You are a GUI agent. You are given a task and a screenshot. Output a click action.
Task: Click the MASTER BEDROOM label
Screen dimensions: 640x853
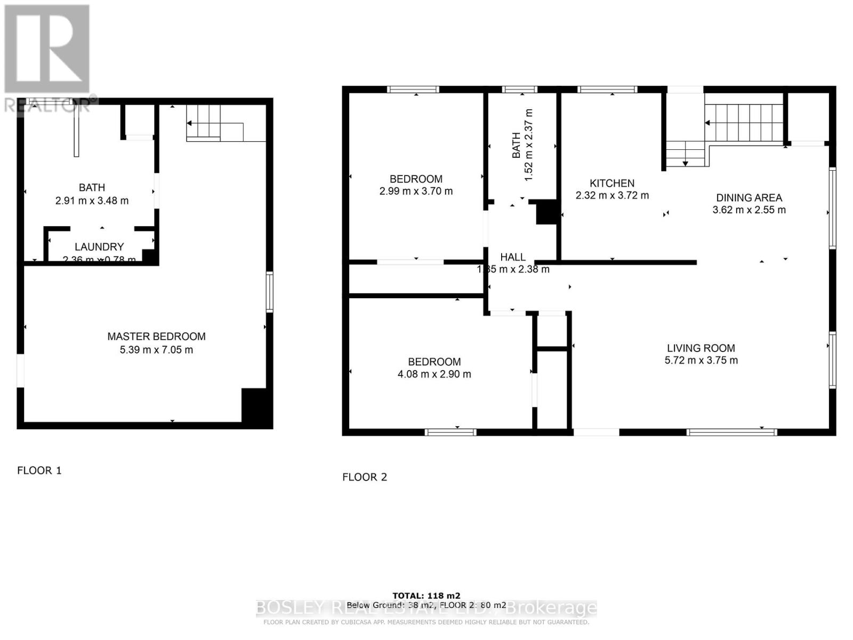[x=156, y=337]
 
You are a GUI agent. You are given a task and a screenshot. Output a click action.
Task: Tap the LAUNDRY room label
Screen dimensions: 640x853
[x=99, y=247]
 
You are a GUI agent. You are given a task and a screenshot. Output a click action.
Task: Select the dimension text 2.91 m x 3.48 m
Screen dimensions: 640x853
[x=92, y=201]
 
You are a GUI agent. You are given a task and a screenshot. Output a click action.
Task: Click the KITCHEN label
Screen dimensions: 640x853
[x=612, y=183]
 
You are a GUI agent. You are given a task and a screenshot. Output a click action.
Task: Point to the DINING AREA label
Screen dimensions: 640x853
[x=749, y=198]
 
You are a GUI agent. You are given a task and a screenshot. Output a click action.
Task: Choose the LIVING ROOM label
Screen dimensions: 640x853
[x=701, y=348]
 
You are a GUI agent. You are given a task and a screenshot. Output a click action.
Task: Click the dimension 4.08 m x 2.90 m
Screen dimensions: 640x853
[x=434, y=374]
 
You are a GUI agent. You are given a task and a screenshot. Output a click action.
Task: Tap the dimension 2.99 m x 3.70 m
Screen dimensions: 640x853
[x=416, y=191]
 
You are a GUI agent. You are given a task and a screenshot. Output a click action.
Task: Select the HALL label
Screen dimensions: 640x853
[x=513, y=257]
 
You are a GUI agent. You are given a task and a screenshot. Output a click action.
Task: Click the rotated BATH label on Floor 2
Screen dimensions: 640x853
[x=516, y=145]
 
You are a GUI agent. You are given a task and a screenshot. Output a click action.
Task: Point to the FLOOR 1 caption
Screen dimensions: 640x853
[x=39, y=470]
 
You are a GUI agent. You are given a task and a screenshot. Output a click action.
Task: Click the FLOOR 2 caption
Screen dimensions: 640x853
[x=365, y=477]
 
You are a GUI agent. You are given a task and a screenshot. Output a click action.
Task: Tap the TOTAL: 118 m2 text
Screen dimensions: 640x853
[x=426, y=596]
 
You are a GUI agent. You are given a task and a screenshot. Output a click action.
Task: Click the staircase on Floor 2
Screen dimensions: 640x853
[x=744, y=123]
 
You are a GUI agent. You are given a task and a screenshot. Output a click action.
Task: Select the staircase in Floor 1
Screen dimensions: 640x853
[x=204, y=123]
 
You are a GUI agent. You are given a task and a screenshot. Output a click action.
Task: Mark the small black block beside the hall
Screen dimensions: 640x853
[x=546, y=212]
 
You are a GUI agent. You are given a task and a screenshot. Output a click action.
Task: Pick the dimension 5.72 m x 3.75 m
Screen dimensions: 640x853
[x=701, y=361]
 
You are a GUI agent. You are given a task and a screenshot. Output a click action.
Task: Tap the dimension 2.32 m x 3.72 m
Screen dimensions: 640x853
[x=612, y=196]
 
